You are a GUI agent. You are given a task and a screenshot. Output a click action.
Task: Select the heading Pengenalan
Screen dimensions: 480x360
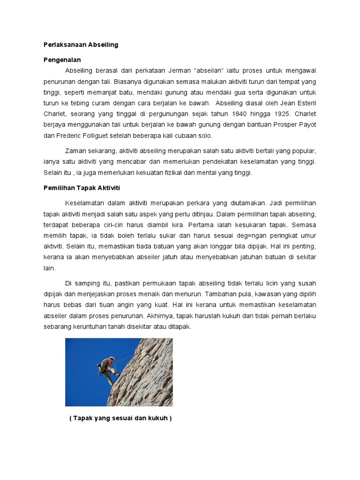tap(62, 60)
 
